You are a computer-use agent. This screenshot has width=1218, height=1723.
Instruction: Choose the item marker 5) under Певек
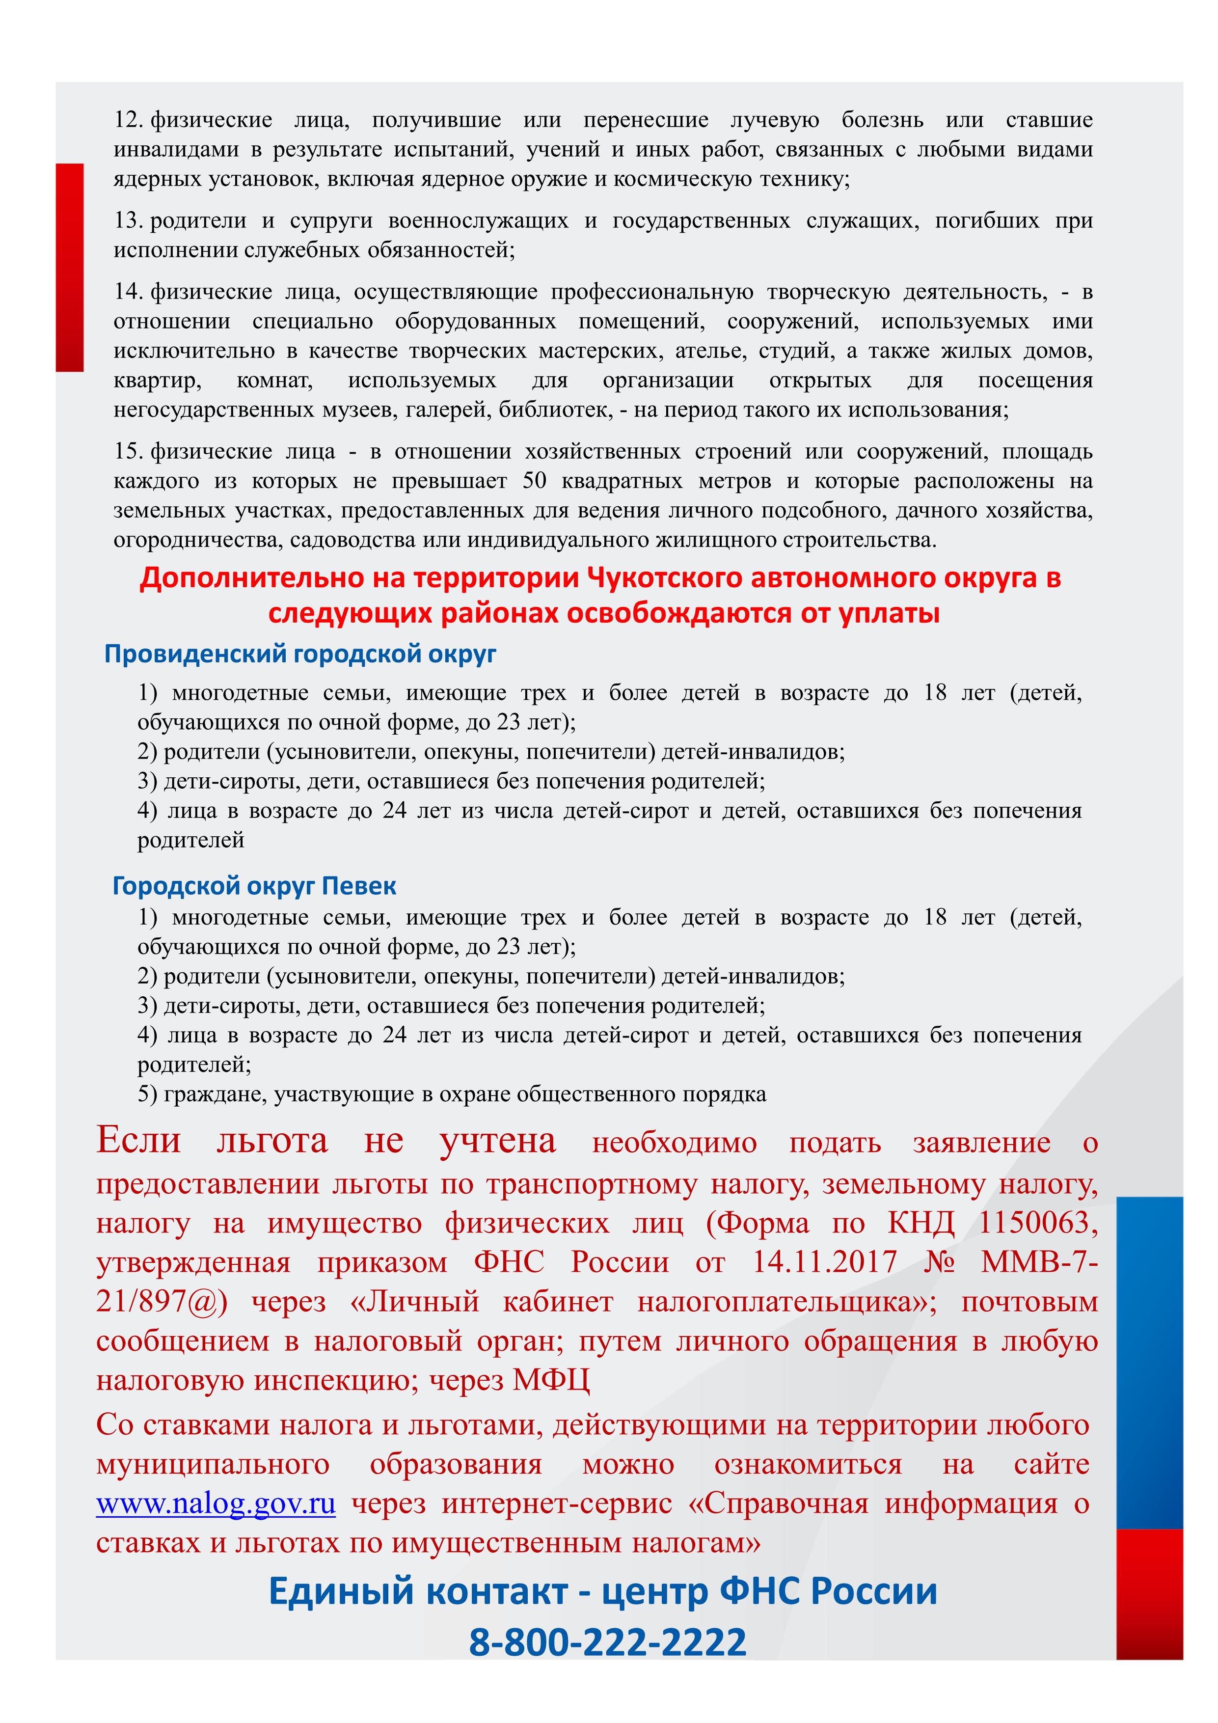pyautogui.click(x=147, y=1094)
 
